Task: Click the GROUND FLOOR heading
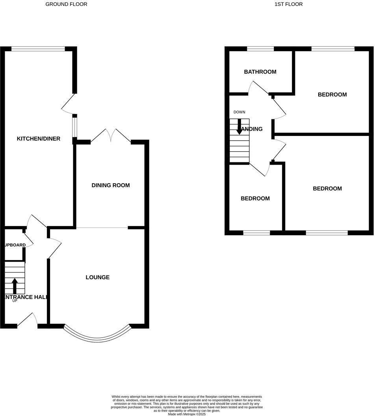pos(66,4)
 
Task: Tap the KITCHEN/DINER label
pos(38,139)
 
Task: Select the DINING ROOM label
pos(110,185)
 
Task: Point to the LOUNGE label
pos(97,277)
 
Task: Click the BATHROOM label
pos(260,72)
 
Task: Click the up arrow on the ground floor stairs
pos(15,286)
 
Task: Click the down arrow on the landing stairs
pos(239,127)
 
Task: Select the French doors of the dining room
pos(111,136)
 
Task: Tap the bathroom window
pos(260,49)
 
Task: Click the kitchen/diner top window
pos(38,49)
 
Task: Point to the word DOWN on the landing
pos(239,112)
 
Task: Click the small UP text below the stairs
pos(15,301)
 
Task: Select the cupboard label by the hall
pos(15,245)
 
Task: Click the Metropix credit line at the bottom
pos(187,414)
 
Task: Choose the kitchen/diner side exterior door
pos(67,103)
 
